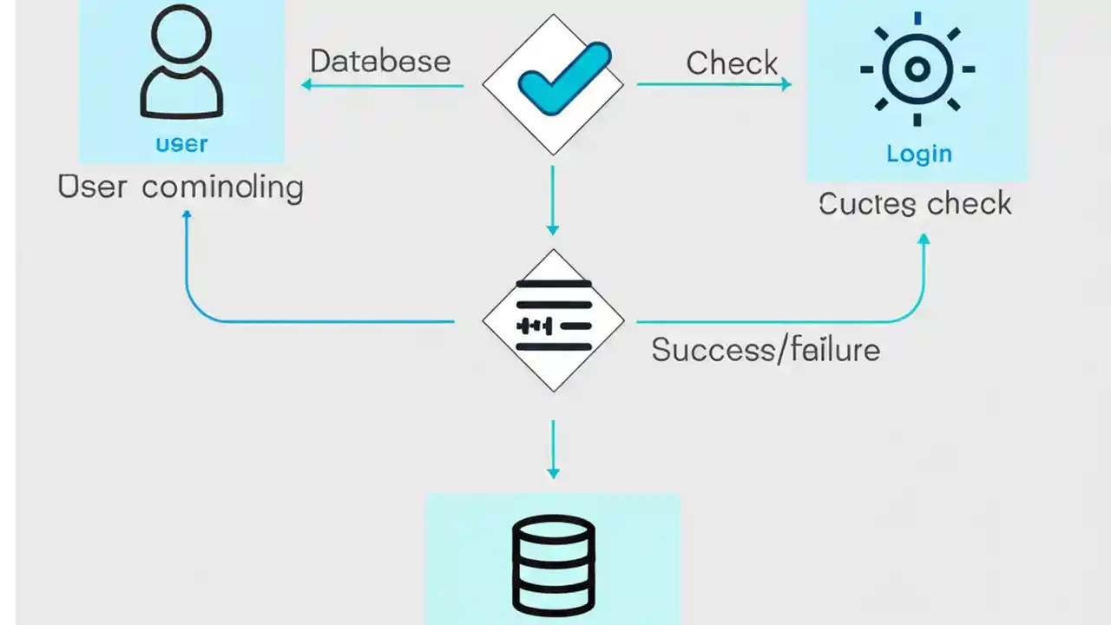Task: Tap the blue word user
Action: tap(181, 143)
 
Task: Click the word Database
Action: tap(380, 62)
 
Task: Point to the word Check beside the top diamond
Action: tap(732, 62)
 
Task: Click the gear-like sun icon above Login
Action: tap(917, 69)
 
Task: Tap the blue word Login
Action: tap(918, 155)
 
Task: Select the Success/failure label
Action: tap(766, 350)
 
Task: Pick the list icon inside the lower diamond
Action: tap(553, 316)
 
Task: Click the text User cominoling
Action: tap(181, 187)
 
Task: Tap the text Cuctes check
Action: tap(915, 204)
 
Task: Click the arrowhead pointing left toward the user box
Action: tap(306, 84)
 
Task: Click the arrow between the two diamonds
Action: tap(553, 201)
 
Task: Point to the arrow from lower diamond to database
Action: tap(553, 450)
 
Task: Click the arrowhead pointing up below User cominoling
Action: tap(186, 214)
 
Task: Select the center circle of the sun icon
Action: tap(917, 69)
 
